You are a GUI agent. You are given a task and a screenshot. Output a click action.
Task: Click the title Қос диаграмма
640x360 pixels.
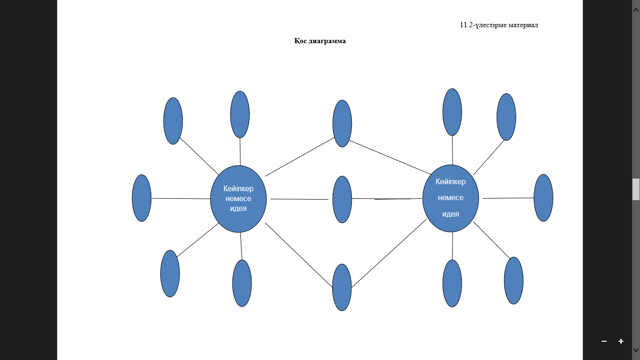pos(320,41)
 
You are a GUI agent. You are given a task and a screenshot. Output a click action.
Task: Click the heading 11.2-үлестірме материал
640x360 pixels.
pos(499,25)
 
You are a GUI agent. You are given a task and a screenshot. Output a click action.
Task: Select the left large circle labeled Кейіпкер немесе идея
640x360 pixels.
pos(238,199)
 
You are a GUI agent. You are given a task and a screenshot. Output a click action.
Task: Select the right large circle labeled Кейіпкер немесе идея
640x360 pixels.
pos(451,198)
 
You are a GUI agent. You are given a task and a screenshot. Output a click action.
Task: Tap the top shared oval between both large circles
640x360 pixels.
pos(342,124)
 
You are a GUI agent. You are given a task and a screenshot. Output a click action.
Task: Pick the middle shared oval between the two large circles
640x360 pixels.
pos(342,199)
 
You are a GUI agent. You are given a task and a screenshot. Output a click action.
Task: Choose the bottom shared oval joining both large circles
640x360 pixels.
pos(342,287)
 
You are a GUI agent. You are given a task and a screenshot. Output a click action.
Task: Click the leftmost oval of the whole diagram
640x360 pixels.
pos(141,198)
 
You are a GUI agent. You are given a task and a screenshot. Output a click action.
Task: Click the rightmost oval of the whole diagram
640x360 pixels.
pos(543,198)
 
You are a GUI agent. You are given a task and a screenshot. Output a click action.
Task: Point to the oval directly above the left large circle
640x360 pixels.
pos(240,114)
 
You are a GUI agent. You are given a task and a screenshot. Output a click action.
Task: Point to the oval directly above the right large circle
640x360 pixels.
pos(452,112)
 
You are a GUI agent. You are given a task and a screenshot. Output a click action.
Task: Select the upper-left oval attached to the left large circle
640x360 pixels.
pos(173,121)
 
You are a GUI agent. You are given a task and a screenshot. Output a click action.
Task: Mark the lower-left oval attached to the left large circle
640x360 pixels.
pos(170,273)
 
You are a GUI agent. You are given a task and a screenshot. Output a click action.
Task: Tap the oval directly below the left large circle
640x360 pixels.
pos(242,284)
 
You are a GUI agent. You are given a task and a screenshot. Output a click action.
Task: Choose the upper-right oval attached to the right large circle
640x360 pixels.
pos(506,117)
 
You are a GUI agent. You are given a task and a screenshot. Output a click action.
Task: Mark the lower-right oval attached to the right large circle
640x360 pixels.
pos(513,280)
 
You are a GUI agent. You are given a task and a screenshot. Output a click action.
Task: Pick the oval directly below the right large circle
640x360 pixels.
pos(452,284)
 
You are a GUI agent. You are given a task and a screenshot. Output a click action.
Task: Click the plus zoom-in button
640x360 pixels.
pos(621,341)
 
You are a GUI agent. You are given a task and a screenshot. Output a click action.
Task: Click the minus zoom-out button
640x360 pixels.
pos(604,341)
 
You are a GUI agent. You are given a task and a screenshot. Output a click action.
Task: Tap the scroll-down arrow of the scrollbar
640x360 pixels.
pos(636,350)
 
